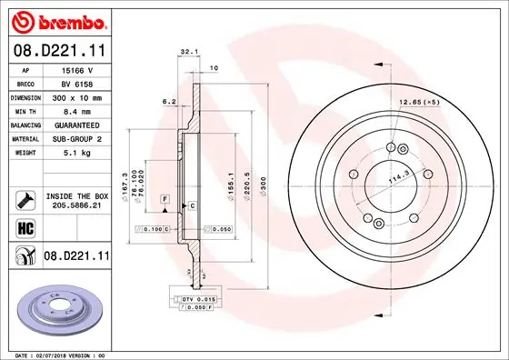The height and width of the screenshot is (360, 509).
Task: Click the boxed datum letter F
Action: point(166,197)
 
